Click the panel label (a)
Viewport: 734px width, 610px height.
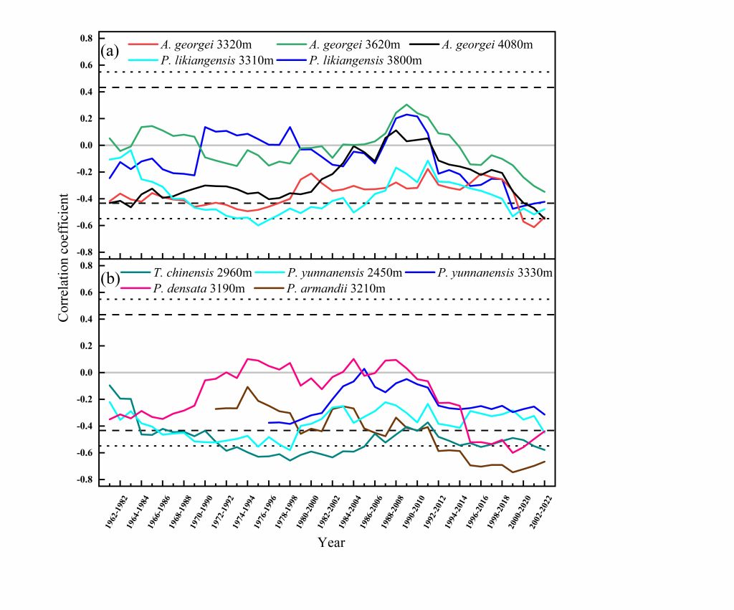109,51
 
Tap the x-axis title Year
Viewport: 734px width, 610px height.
332,543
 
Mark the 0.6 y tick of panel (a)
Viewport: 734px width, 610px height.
86,65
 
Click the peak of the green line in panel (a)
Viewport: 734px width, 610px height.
407,105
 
